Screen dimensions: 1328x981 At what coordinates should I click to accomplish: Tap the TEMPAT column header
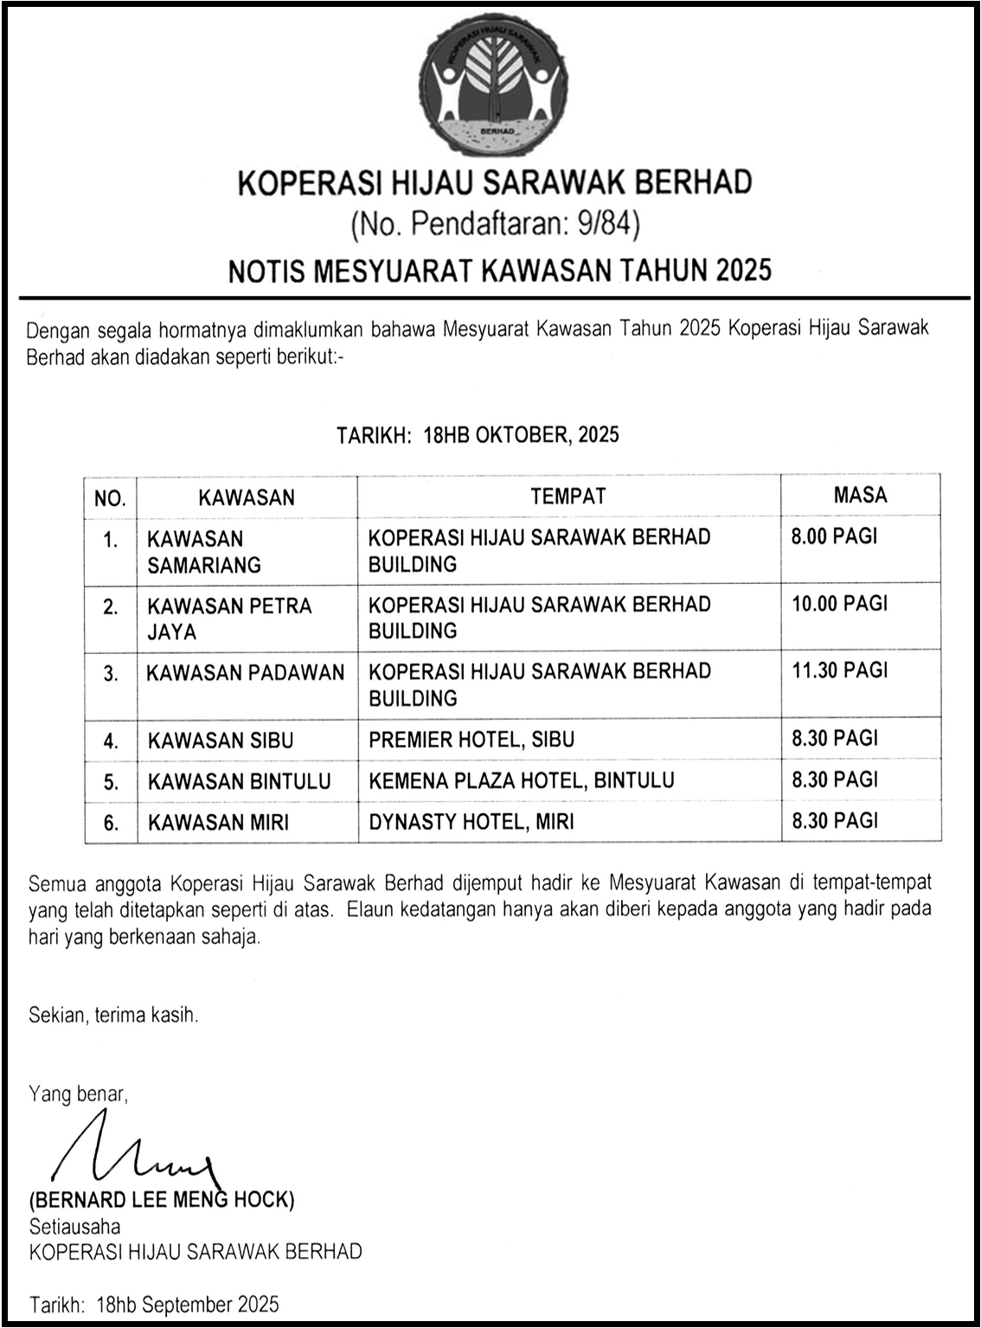click(x=568, y=496)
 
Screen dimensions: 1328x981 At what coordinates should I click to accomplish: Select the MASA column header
click(x=860, y=495)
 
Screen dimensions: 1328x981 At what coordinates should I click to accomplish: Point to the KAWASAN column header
click(x=247, y=497)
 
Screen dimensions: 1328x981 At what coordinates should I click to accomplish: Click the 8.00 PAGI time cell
click(x=834, y=536)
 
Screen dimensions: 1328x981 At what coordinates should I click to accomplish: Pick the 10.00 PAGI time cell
click(x=839, y=603)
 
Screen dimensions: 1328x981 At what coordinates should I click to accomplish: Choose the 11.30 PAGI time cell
click(x=839, y=670)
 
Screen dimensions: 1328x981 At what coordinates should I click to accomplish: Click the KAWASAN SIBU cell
click(x=221, y=741)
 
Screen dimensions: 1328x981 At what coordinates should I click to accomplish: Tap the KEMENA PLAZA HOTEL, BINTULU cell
click(x=521, y=781)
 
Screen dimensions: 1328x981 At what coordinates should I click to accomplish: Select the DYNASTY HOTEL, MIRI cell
click(x=471, y=822)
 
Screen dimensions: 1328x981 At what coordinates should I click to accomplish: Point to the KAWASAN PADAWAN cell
click(x=246, y=673)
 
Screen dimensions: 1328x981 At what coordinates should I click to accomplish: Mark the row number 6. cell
click(x=111, y=823)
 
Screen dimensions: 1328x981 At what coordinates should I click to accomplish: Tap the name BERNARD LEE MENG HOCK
click(x=162, y=1201)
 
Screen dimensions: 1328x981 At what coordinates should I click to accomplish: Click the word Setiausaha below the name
click(x=74, y=1226)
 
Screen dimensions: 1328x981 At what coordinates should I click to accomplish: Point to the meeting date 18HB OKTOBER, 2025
click(x=521, y=434)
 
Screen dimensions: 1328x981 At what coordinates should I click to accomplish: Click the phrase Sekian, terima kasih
click(x=113, y=1015)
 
